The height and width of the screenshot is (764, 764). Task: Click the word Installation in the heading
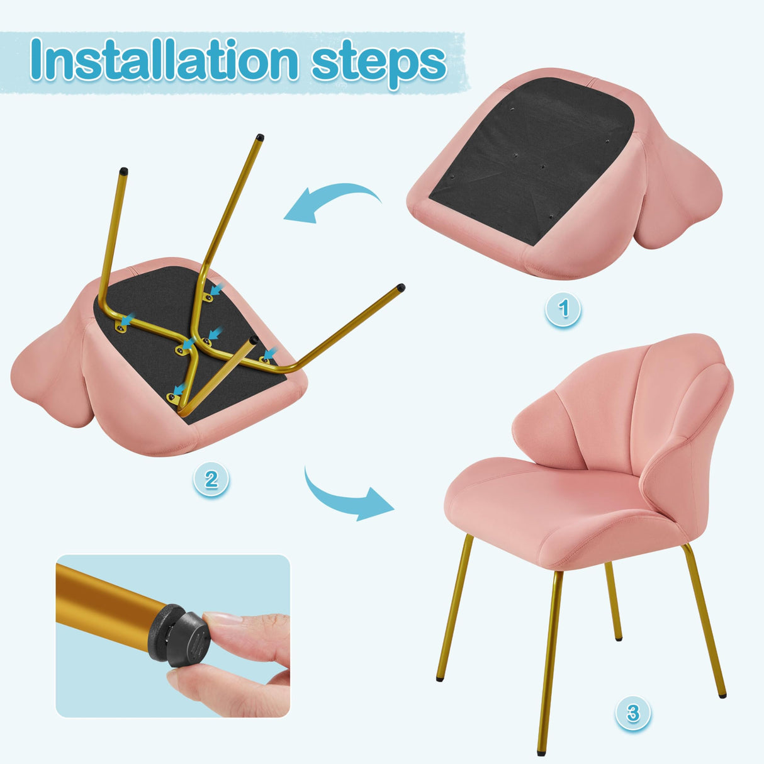click(164, 61)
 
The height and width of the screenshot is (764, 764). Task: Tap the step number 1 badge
click(563, 308)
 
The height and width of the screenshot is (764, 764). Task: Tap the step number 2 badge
click(211, 480)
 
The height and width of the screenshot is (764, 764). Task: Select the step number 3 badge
click(632, 713)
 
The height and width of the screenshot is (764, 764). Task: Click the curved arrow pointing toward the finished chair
click(346, 497)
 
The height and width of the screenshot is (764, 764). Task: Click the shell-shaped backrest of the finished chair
click(623, 403)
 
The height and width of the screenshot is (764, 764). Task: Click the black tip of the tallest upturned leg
click(259, 137)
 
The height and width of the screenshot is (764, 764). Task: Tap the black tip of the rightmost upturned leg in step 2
click(400, 288)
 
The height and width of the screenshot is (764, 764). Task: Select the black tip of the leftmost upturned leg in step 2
click(123, 171)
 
